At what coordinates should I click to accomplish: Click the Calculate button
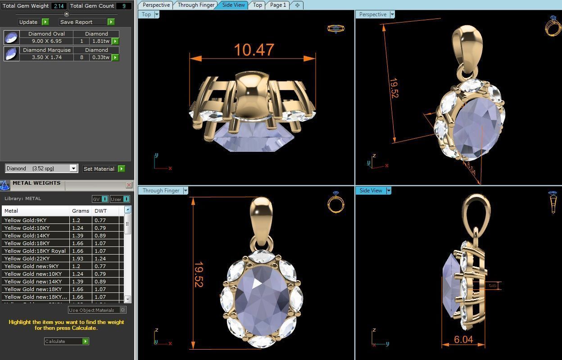coord(66,341)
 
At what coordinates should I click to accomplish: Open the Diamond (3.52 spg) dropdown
coord(41,168)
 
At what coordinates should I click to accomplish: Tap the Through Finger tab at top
coord(195,5)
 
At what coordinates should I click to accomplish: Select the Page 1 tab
coord(278,5)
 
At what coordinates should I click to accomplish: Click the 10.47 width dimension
coord(254,50)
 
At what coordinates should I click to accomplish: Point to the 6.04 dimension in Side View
coord(463,339)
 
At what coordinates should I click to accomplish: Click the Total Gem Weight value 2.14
coord(59,6)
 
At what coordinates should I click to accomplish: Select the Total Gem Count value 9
coord(124,6)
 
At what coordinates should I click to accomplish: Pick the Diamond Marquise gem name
coord(46,50)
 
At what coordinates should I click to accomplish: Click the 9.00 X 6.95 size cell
coord(46,41)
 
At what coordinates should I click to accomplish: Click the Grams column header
coord(81,211)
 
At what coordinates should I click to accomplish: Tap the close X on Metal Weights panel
coord(129,185)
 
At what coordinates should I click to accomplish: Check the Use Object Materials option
coord(97,310)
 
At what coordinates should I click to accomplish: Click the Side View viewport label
coord(371,191)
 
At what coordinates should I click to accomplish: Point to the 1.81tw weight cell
coord(100,41)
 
